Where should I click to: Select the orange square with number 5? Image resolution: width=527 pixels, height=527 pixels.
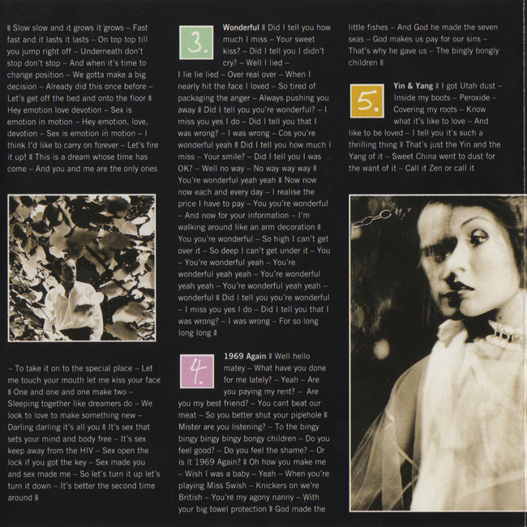pyautogui.click(x=366, y=101)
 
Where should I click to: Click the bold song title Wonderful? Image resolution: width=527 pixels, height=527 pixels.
pyautogui.click(x=241, y=28)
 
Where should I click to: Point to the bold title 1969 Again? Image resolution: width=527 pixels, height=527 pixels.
pyautogui.click(x=246, y=355)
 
